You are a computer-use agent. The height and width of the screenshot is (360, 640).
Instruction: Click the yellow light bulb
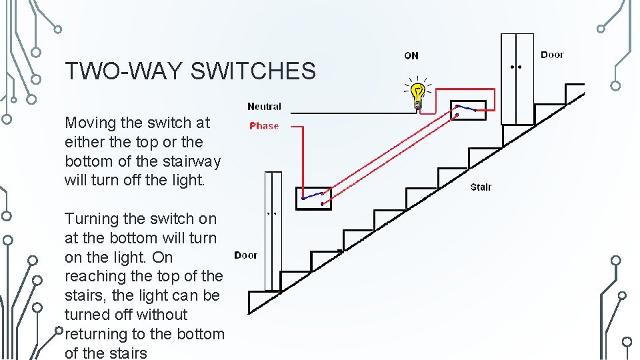417,95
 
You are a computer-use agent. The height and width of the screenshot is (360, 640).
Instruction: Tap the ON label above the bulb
411,55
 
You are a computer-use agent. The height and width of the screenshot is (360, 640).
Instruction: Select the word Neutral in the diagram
264,106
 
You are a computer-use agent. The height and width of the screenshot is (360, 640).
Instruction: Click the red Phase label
264,125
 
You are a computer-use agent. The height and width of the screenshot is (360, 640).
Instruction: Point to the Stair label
481,187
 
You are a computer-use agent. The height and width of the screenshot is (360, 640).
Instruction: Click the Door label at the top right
552,55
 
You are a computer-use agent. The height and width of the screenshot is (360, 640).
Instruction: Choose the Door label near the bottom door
245,255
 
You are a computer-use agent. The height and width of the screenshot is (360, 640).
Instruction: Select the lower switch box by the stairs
313,198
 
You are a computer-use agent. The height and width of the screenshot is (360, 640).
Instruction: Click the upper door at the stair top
517,79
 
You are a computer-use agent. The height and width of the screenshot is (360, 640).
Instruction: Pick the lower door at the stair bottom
273,230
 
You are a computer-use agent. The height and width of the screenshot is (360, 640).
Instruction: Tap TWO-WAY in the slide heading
124,71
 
